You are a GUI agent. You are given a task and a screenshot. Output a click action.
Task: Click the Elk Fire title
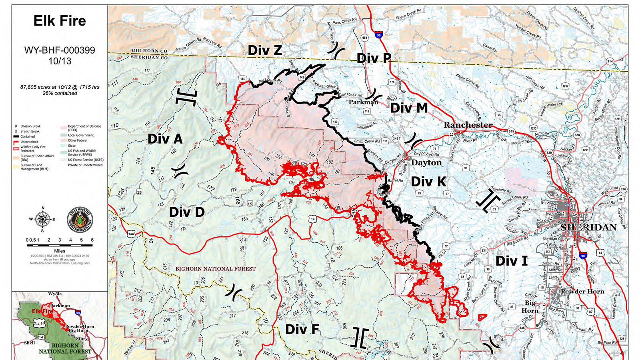(60, 21)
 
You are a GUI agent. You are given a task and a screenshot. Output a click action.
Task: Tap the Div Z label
(265, 50)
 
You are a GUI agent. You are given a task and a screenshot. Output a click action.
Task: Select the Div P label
(374, 58)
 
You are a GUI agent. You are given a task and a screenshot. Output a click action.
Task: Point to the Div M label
(409, 108)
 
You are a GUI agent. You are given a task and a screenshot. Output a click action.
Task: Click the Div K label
(428, 182)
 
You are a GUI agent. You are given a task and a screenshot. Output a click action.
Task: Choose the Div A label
(165, 139)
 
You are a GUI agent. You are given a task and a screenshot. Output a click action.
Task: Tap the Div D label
(187, 212)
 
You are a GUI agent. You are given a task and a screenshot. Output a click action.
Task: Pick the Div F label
(302, 329)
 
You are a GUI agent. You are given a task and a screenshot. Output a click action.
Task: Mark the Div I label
(512, 261)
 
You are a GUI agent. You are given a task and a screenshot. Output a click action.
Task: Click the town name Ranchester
(468, 125)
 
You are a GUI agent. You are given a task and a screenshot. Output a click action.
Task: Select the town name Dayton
(426, 162)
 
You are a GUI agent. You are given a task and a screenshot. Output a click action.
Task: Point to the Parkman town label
(363, 102)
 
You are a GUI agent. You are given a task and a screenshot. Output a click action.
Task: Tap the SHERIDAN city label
(588, 227)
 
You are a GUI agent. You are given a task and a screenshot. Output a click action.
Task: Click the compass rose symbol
(42, 219)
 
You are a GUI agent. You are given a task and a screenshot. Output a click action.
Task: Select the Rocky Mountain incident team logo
(80, 220)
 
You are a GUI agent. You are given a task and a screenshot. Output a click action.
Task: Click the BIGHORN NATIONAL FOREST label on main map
(215, 269)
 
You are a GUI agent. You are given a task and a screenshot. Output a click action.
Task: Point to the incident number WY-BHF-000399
(60, 50)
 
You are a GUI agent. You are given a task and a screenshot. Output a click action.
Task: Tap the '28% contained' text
(60, 93)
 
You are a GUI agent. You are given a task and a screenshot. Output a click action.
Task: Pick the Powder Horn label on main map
(582, 291)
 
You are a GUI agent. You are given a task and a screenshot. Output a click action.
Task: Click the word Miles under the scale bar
(60, 251)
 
